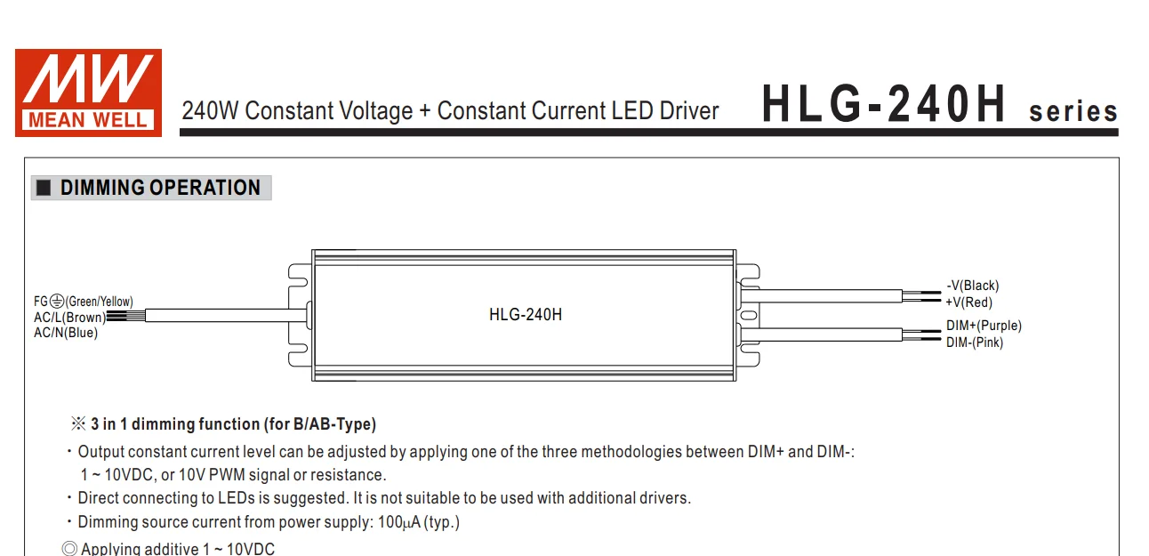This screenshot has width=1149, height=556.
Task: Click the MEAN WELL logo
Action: pyautogui.click(x=88, y=93)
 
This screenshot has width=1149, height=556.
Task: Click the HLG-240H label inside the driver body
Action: pyautogui.click(x=525, y=314)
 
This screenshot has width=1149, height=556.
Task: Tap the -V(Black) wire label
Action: pyautogui.click(x=972, y=286)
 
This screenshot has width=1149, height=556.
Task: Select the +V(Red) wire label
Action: pyautogui.click(x=968, y=302)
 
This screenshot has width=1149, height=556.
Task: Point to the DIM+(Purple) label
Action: pyautogui.click(x=984, y=326)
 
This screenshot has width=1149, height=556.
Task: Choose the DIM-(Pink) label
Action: pyautogui.click(x=974, y=342)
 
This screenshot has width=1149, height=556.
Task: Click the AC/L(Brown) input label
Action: pyautogui.click(x=69, y=318)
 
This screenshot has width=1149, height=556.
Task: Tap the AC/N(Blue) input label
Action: pyautogui.click(x=66, y=334)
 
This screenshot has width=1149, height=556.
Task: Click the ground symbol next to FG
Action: pyautogui.click(x=57, y=302)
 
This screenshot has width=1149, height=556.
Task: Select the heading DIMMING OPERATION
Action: pyautogui.click(x=160, y=188)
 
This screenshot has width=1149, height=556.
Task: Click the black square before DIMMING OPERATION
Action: pyautogui.click(x=44, y=189)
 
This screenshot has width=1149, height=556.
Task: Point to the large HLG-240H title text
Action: pyautogui.click(x=884, y=106)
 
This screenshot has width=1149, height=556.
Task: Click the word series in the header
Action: pyautogui.click(x=1073, y=112)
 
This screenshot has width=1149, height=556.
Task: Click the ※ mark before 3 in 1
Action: pyautogui.click(x=78, y=424)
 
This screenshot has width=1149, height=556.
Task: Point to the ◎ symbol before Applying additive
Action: pyautogui.click(x=69, y=549)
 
